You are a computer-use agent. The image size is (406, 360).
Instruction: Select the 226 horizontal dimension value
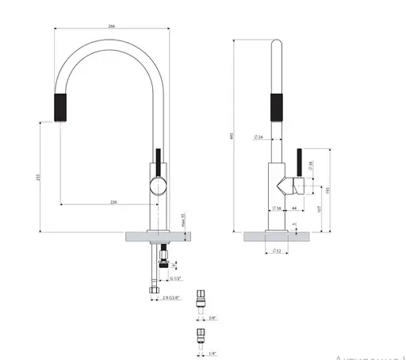click(x=113, y=203)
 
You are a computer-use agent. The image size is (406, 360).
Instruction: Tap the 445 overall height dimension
click(x=232, y=136)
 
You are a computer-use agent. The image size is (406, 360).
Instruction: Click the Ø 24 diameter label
click(x=259, y=138)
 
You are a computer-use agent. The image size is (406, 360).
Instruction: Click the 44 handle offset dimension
click(x=293, y=208)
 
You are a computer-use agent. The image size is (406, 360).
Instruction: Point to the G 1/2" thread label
click(x=174, y=279)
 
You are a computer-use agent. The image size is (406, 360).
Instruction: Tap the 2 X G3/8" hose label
click(x=170, y=299)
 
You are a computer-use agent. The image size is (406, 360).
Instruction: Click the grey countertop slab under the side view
click(x=277, y=236)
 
